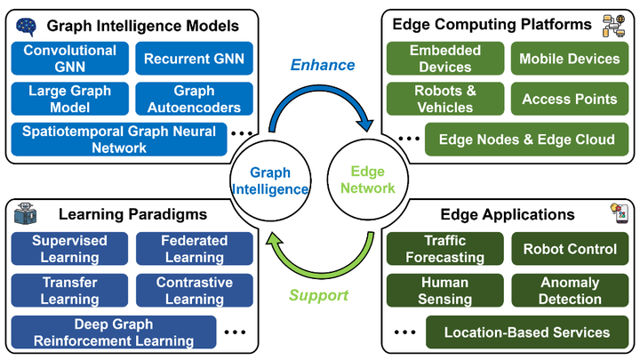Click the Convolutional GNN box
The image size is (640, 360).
pyautogui.click(x=70, y=59)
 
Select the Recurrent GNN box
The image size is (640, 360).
pyautogui.click(x=195, y=59)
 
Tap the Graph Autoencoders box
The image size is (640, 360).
pyautogui.click(x=195, y=99)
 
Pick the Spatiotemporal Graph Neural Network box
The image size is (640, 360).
pyautogui.click(x=119, y=140)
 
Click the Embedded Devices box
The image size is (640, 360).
pyautogui.click(x=445, y=59)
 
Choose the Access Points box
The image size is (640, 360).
pyautogui.click(x=570, y=99)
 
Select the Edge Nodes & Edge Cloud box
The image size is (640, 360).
pyautogui.click(x=526, y=140)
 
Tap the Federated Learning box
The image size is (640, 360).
pyautogui.click(x=195, y=249)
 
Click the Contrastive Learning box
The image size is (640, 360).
pyautogui.click(x=195, y=290)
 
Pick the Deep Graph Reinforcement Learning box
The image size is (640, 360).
pyautogui.click(x=114, y=332)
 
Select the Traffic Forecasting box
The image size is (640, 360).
pyautogui.click(x=445, y=249)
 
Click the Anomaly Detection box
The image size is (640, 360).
pyautogui.click(x=570, y=290)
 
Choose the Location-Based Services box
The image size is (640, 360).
pyautogui.click(x=527, y=332)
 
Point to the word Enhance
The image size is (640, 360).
pyautogui.click(x=323, y=65)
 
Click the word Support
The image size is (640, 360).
pyautogui.click(x=318, y=295)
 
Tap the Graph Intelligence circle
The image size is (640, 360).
pyautogui.click(x=270, y=180)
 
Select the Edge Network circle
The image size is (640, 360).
pyautogui.click(x=367, y=180)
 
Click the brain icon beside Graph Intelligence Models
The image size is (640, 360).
pyautogui.click(x=26, y=27)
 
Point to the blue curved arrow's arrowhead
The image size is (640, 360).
pyautogui.click(x=365, y=124)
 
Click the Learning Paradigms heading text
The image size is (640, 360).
pyautogui.click(x=132, y=214)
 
